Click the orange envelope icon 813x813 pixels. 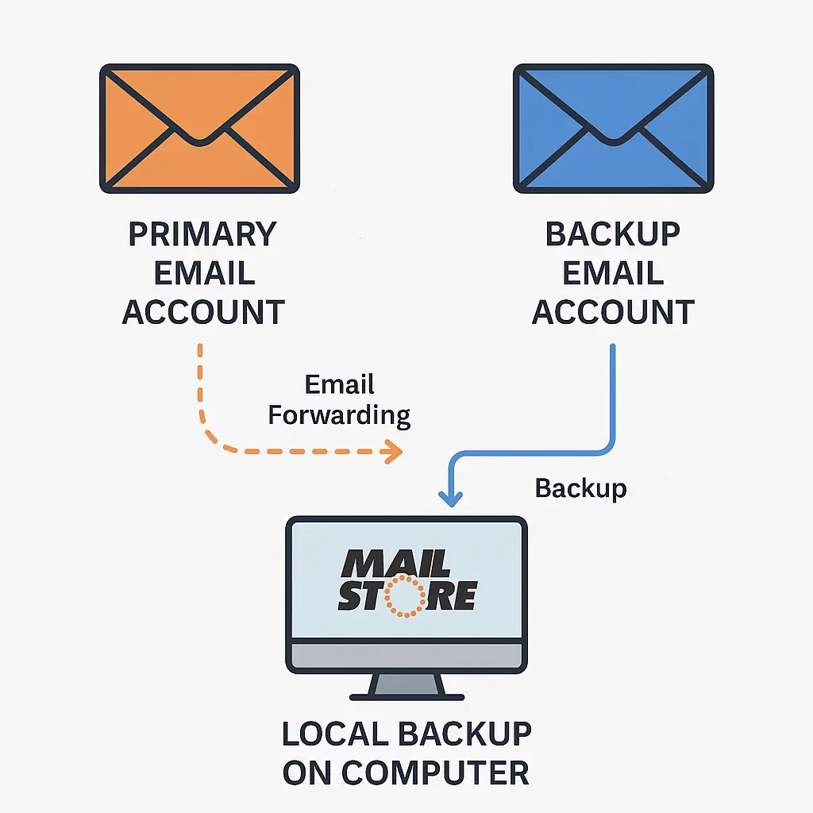tap(199, 128)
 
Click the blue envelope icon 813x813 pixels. tap(613, 128)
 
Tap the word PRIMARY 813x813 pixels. tap(202, 235)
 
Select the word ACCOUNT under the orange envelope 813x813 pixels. tap(203, 312)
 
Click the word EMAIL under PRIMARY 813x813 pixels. tap(203, 273)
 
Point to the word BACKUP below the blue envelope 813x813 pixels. tap(613, 235)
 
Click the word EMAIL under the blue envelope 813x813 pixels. tap(613, 273)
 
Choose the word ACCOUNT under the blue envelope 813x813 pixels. tap(613, 312)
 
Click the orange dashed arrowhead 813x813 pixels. tap(391, 453)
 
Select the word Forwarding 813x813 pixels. tap(339, 414)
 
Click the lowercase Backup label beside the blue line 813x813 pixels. tap(580, 487)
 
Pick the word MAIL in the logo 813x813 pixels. tap(395, 563)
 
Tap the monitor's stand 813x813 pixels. tap(406, 685)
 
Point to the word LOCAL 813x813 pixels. tap(334, 734)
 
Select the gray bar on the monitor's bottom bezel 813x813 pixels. tap(406, 656)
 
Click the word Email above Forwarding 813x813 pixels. tap(339, 385)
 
